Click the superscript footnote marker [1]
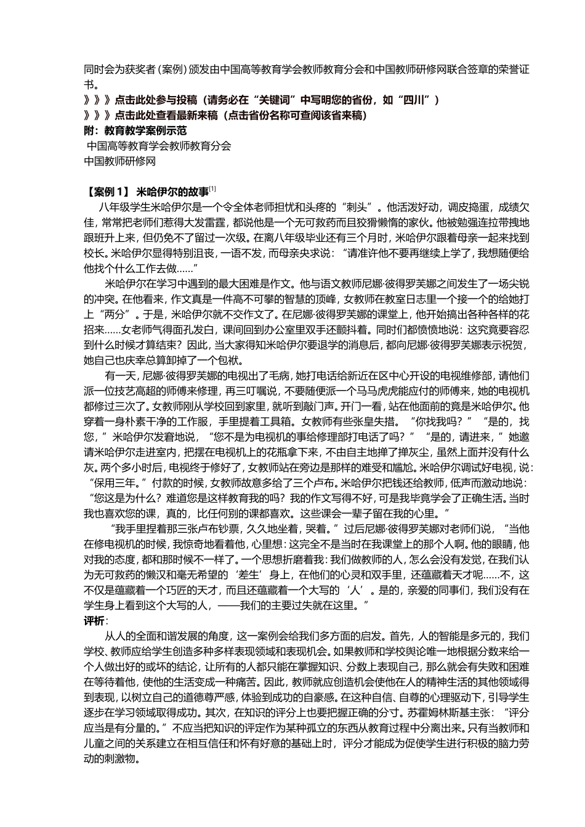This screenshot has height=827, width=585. (x=212, y=188)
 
